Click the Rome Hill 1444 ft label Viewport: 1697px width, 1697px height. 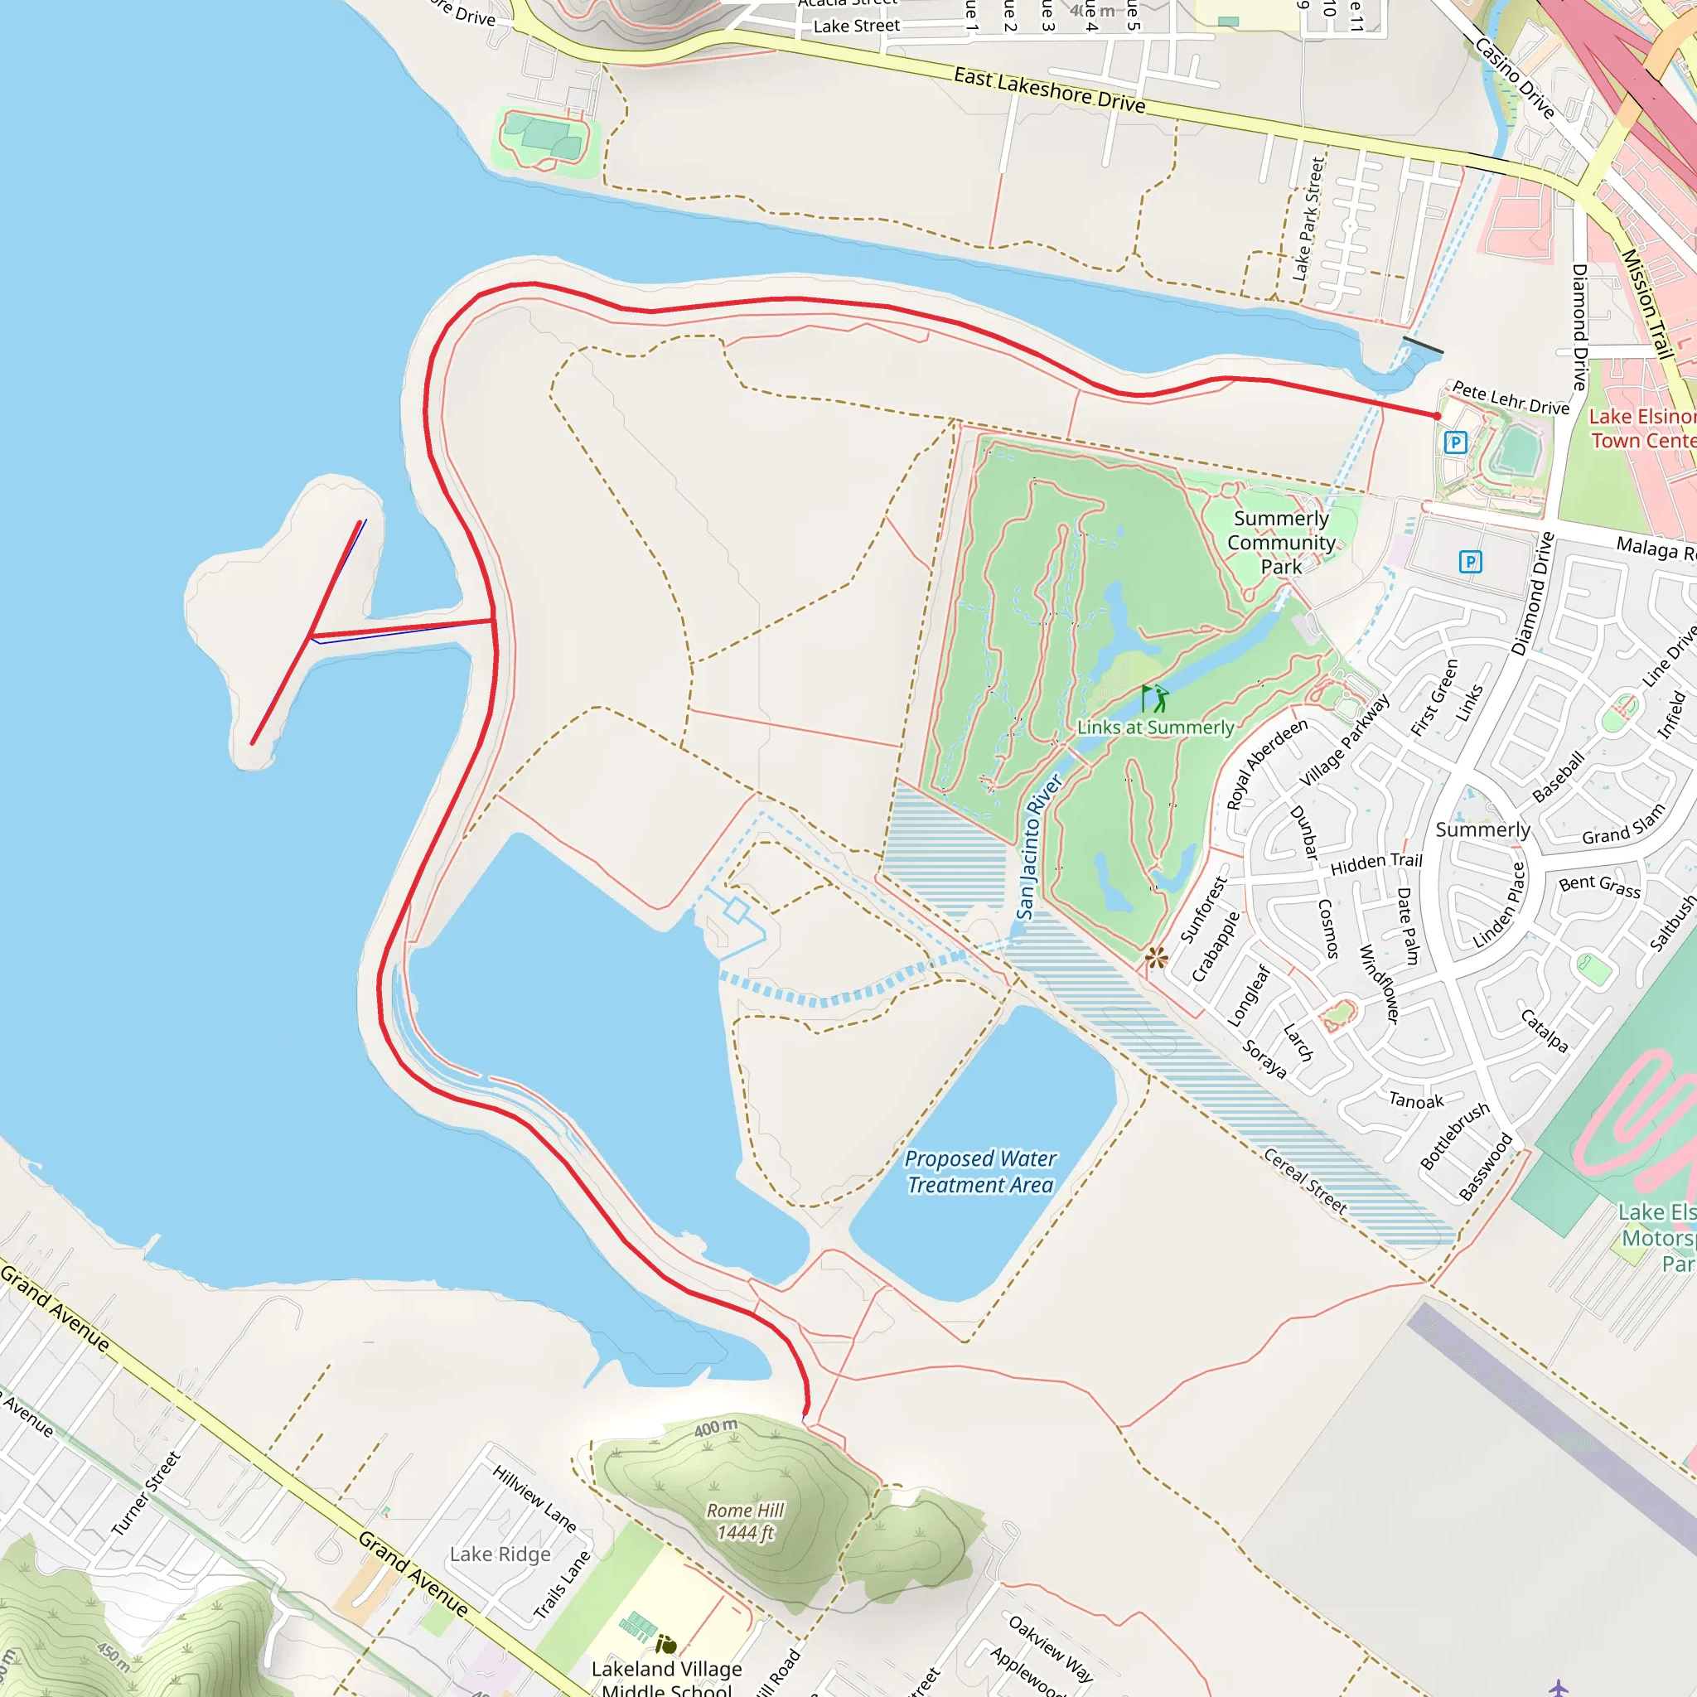745,1521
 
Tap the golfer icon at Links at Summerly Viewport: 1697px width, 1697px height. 1155,699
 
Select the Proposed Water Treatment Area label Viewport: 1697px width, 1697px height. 979,1172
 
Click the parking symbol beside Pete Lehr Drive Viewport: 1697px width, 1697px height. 1454,442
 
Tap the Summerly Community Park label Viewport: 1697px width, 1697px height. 1281,542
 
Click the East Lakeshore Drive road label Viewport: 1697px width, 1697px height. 1049,90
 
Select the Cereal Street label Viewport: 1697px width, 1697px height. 1304,1182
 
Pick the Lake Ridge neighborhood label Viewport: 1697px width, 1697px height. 500,1554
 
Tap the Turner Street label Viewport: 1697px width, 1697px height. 146,1493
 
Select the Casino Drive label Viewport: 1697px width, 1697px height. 1515,78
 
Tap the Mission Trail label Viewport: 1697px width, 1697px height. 1644,304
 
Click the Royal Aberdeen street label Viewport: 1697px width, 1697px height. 1266,763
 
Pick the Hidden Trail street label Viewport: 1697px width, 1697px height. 1375,863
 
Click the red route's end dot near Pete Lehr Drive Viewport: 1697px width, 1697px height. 1437,416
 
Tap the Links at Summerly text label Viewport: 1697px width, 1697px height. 1155,728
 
